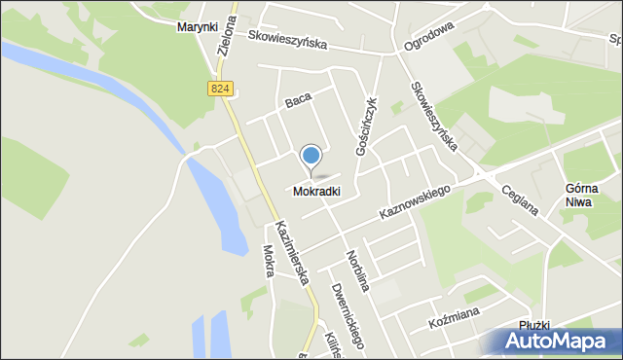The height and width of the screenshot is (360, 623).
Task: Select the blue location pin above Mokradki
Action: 311,157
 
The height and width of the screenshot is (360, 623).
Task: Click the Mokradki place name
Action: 316,192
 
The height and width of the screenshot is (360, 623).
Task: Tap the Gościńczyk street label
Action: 365,126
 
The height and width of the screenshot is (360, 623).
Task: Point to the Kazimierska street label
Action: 291,252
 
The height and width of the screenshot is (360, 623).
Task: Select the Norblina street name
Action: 356,270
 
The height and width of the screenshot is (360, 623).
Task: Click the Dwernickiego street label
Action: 346,314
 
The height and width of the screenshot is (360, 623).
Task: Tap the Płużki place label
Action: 535,325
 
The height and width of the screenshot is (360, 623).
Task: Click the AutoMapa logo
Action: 554,342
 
